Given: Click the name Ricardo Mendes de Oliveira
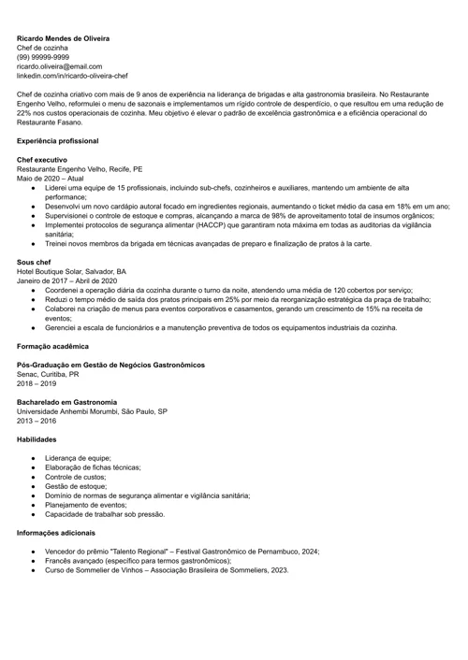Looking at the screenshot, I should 63,39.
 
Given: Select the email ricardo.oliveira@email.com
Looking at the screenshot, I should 59,67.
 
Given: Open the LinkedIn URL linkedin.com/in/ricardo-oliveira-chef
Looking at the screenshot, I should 72,77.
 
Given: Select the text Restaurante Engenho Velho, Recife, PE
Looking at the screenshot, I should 80,170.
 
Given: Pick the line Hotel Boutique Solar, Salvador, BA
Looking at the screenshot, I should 71,272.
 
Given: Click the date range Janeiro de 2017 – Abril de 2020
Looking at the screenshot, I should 66,281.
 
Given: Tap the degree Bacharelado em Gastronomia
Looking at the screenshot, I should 67,401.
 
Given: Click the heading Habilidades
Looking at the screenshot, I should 37,438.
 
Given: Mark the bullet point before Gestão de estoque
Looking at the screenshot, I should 34,487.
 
